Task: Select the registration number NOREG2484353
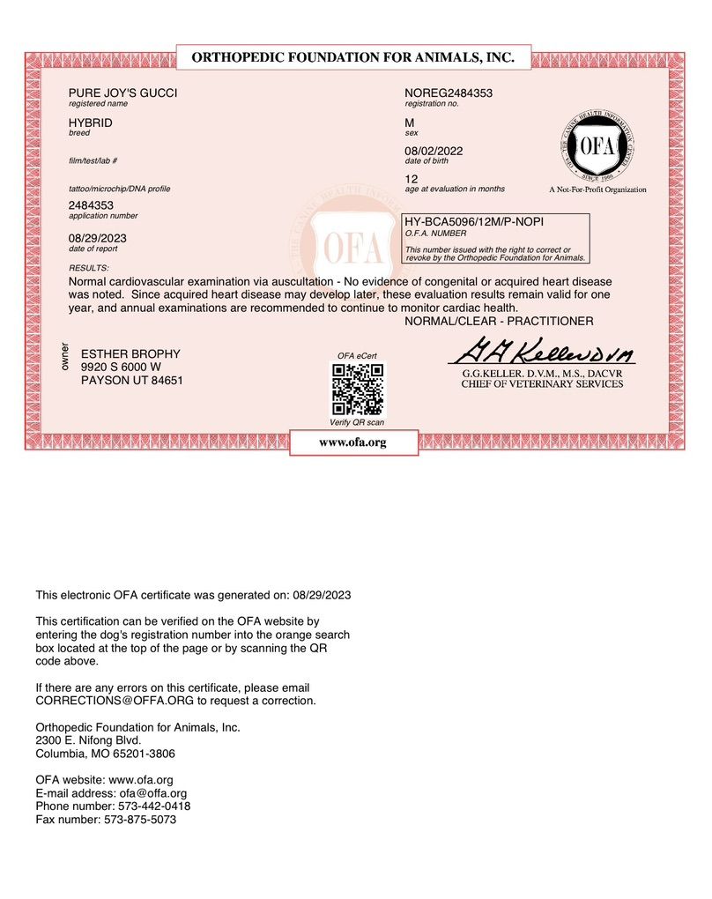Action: click(448, 93)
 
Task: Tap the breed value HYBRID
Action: click(91, 123)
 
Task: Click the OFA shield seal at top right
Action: click(597, 145)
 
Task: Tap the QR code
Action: click(357, 389)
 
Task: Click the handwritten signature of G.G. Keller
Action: click(541, 354)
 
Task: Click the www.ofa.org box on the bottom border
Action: click(353, 442)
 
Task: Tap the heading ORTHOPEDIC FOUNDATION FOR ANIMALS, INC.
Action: click(352, 57)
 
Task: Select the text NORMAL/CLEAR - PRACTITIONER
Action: click(499, 322)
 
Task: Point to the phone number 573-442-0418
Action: click(152, 806)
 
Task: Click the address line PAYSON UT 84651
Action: click(132, 381)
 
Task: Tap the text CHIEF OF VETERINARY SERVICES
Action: click(541, 383)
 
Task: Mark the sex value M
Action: click(409, 123)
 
